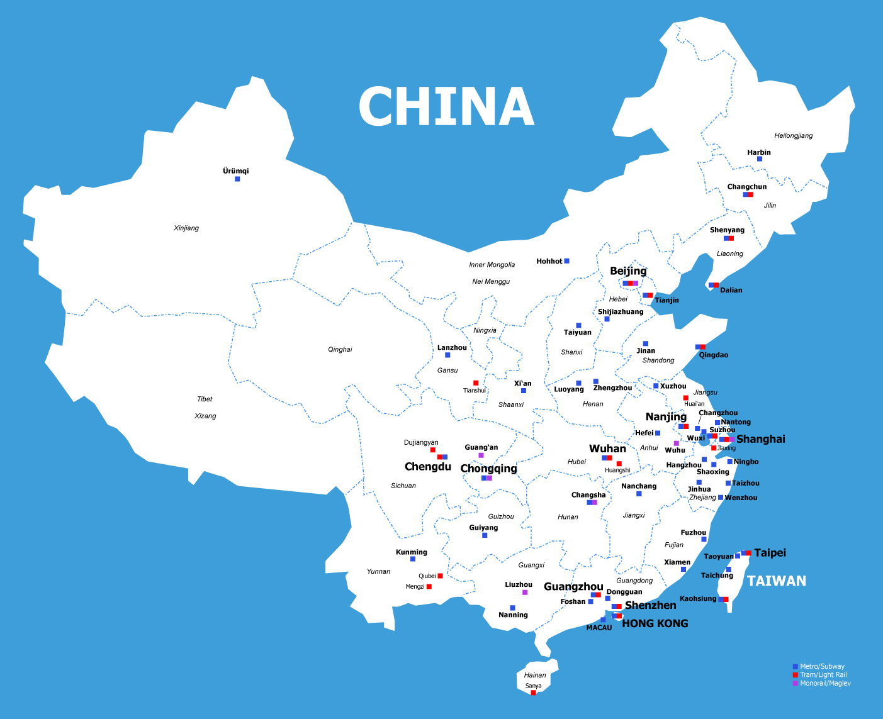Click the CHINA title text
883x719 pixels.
coord(446,107)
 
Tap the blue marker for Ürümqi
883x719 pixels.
coord(237,179)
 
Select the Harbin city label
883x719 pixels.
coord(758,152)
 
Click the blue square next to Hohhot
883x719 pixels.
coord(566,261)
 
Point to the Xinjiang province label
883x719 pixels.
coord(186,228)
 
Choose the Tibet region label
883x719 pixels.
coord(205,399)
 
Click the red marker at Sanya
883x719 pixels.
coord(533,693)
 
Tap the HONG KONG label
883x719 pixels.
coord(655,623)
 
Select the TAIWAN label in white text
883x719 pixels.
coord(776,581)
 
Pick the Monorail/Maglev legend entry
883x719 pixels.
coord(825,683)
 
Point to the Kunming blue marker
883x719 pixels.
coord(413,559)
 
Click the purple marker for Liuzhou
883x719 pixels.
coord(525,593)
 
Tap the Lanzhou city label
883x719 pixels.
coord(452,347)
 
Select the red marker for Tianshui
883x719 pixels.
coord(476,383)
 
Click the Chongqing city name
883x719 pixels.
coord(488,469)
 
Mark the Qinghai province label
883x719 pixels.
coord(340,349)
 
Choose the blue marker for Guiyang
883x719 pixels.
coord(485,535)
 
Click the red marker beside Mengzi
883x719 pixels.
coord(429,587)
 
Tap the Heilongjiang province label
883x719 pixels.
coord(793,135)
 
